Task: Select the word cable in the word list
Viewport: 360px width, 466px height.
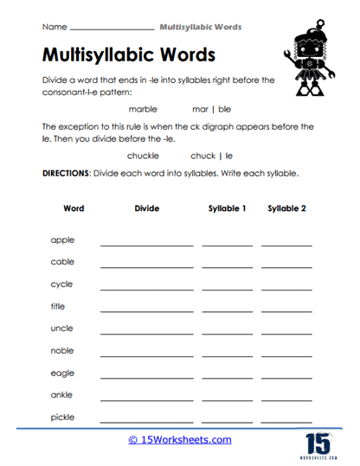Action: [62, 261]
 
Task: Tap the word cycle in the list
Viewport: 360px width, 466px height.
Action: [61, 284]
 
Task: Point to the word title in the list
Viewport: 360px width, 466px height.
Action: [58, 306]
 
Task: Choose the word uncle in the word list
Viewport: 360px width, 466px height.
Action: [62, 328]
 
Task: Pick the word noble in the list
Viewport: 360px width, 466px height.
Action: [62, 350]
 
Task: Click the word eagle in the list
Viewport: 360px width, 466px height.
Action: [62, 373]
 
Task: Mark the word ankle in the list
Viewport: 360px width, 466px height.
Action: [61, 394]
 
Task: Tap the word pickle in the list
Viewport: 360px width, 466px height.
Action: [62, 417]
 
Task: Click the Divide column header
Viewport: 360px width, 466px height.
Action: [147, 208]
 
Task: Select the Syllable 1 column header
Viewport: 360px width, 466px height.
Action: [227, 208]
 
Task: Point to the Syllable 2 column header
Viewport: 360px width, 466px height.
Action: [286, 208]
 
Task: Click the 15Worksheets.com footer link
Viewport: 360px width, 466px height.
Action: [180, 439]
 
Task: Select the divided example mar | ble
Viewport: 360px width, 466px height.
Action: [211, 110]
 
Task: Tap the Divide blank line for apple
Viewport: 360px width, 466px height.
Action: [147, 245]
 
